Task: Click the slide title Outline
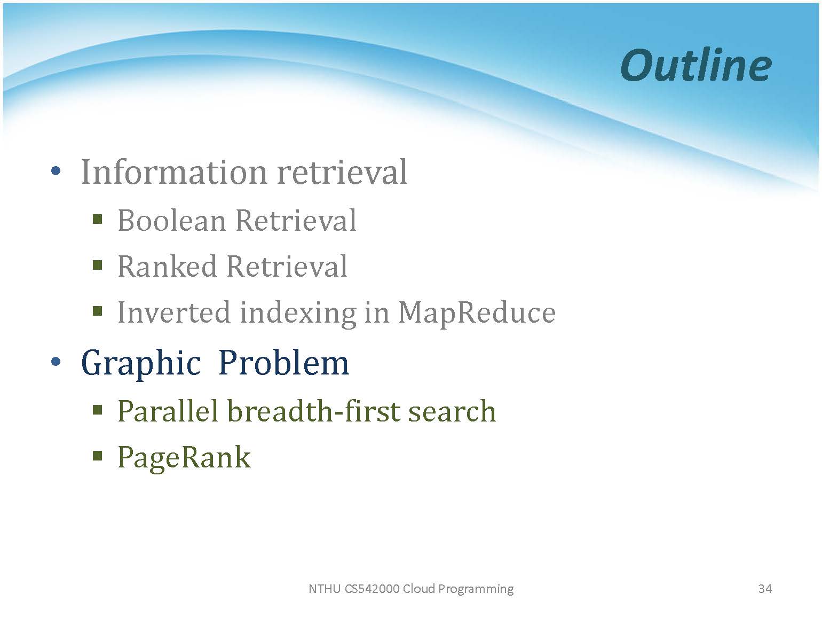[696, 65]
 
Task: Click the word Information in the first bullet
[174, 172]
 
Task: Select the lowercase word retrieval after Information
[342, 172]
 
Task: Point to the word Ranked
[168, 267]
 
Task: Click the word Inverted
[174, 313]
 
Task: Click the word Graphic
[141, 363]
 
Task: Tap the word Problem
[283, 363]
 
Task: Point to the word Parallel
[168, 411]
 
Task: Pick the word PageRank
[184, 458]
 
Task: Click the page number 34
[765, 589]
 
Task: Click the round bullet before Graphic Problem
[56, 362]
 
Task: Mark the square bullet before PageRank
[97, 456]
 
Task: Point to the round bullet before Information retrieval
[56, 171]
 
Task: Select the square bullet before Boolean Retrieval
[97, 218]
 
